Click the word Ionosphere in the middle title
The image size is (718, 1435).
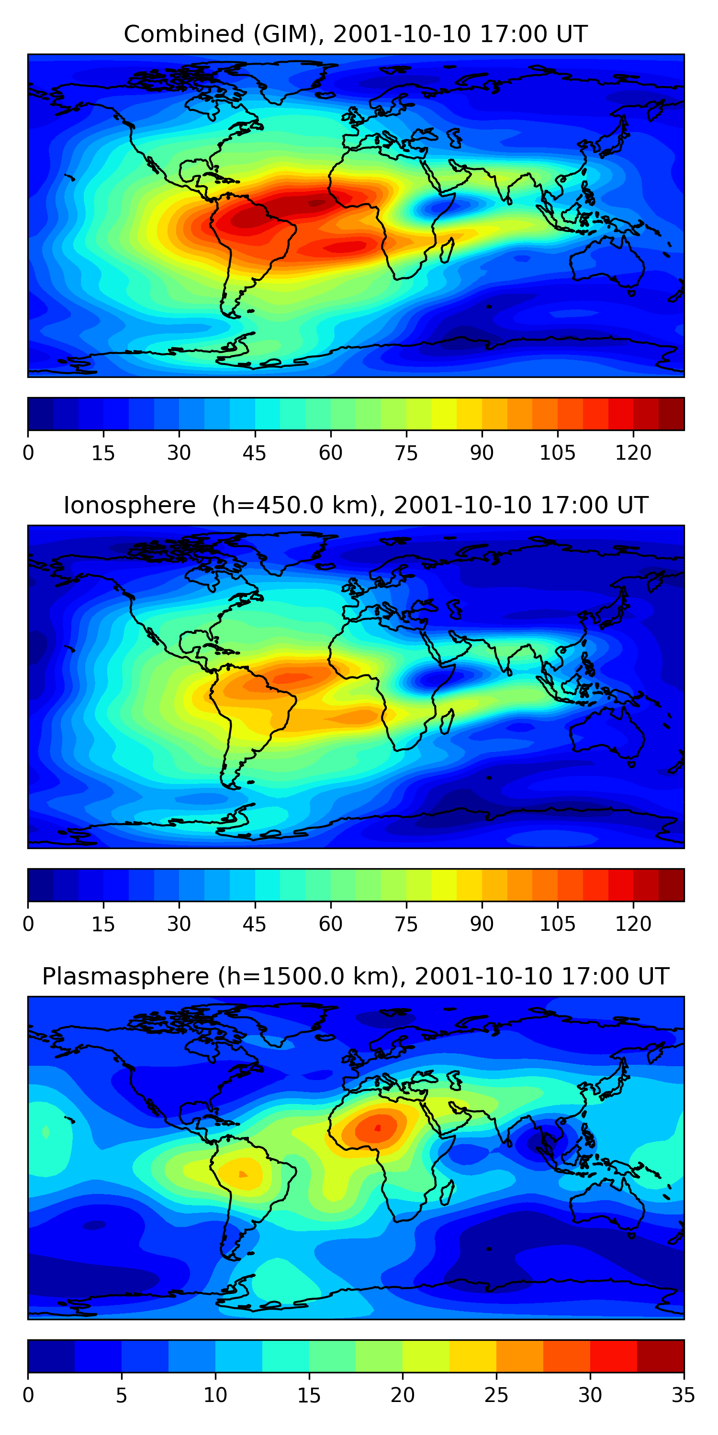coord(129,505)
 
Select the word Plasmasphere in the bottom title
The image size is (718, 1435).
coord(125,977)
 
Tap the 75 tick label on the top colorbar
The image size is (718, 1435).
coord(406,453)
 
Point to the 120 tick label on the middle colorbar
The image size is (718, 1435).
coord(633,924)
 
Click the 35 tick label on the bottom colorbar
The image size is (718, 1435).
coord(683,1395)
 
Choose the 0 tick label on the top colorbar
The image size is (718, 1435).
coord(28,453)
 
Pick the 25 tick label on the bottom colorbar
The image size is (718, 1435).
coord(495,1395)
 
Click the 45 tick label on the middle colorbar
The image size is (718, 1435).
coord(254,924)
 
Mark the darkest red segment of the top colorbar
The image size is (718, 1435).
coord(671,414)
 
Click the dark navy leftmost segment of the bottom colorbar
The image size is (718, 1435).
coord(51,1356)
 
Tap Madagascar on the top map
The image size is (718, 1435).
coord(447,250)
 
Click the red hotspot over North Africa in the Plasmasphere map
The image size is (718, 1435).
coord(377,1128)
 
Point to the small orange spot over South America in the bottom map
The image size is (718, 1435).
coord(243,1174)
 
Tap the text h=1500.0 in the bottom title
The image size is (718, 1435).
coord(305,977)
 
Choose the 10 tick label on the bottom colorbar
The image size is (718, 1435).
coord(215,1395)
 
